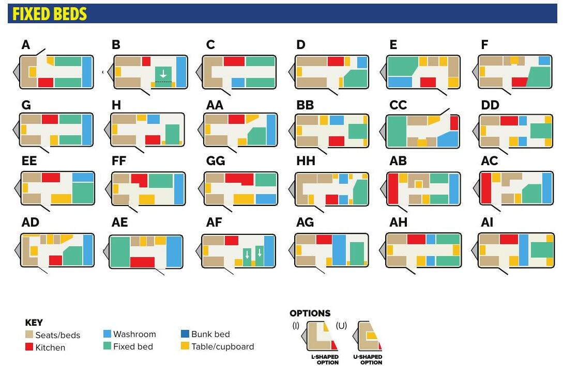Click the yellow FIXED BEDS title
[x=50, y=14]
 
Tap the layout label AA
[x=215, y=105]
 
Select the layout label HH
[x=306, y=161]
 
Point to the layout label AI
[x=487, y=222]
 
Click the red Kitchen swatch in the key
[x=29, y=347]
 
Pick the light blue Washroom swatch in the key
[x=107, y=334]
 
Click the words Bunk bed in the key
[x=210, y=334]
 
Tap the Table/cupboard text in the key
[x=223, y=346]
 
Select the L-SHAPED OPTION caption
[x=325, y=359]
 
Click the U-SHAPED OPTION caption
[x=368, y=359]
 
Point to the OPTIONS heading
[x=310, y=313]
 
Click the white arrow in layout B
[x=163, y=74]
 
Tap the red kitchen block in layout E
[x=428, y=82]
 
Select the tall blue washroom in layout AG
[x=339, y=250]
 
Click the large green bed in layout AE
[x=120, y=252]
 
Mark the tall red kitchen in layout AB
[x=393, y=188]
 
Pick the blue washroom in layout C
[x=238, y=83]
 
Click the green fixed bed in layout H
[x=172, y=134]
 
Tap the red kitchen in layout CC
[x=454, y=123]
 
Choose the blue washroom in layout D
[x=362, y=62]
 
